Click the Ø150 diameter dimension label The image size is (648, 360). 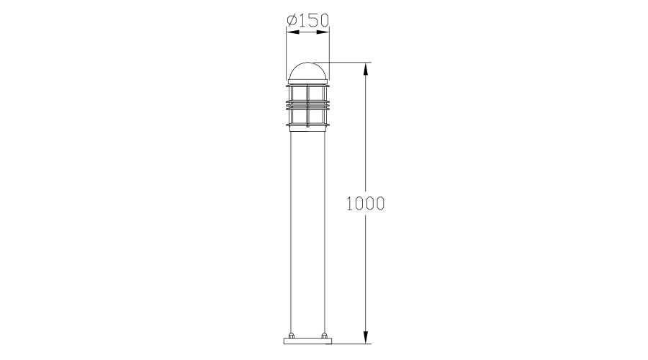(308, 19)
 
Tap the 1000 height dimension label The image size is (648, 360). (365, 203)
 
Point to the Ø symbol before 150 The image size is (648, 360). (292, 19)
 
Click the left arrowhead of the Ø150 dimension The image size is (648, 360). (292, 32)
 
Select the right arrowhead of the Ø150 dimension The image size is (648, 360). (323, 32)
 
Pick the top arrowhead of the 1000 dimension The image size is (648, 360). (365, 68)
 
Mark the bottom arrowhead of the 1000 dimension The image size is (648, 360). (365, 337)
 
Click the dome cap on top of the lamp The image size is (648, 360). (308, 71)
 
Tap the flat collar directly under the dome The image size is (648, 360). (308, 82)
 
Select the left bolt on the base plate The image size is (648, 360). (292, 336)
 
